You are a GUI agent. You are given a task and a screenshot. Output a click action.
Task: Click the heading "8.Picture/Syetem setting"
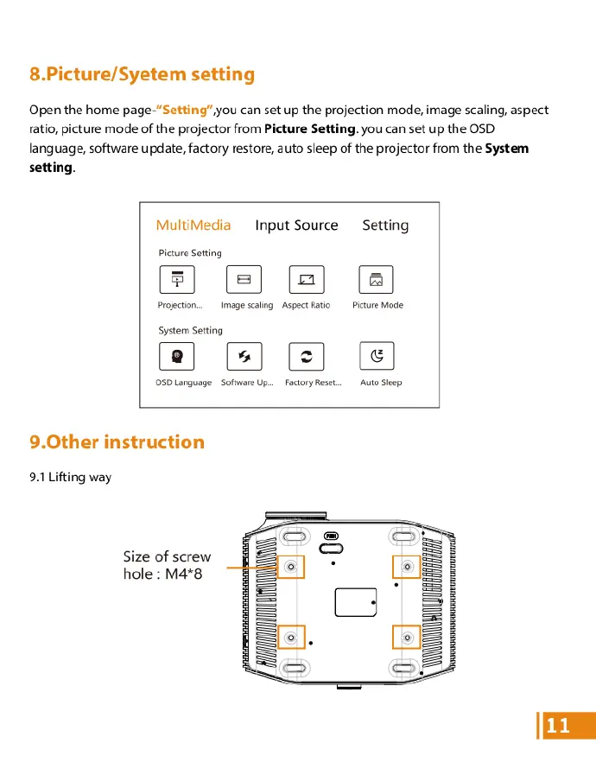142,74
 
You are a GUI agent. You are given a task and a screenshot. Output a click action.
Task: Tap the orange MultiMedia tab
193,225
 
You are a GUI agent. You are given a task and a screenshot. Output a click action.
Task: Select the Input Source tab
296,225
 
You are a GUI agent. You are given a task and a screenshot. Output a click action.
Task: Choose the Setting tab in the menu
385,225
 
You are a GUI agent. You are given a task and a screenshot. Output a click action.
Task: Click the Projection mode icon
177,279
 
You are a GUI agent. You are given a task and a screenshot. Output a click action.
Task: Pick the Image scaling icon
244,279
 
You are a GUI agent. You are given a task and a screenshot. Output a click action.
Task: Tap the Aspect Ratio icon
306,279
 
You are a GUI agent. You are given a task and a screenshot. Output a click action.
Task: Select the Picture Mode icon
376,279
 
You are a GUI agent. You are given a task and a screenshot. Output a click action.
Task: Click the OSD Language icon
177,356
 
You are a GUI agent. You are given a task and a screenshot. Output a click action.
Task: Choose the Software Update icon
244,356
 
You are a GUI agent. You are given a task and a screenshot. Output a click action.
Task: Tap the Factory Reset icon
306,356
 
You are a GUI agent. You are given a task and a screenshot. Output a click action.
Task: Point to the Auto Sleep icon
376,356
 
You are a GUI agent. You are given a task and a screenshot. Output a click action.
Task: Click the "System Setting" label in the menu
190,331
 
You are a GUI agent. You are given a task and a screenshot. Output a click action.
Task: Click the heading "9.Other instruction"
117,442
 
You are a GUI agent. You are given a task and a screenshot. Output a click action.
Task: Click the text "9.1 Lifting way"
70,477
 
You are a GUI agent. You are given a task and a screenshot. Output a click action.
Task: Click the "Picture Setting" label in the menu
190,253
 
